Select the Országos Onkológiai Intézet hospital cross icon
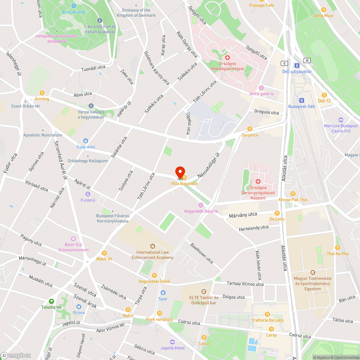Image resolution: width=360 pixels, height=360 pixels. point(227,58)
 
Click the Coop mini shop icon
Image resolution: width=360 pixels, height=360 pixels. point(86,141)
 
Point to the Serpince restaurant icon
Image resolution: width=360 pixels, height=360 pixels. point(249,129)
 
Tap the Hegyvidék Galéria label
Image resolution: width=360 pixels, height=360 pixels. point(201,211)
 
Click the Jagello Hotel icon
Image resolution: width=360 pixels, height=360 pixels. point(172,342)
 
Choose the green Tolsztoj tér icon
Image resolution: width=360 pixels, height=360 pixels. point(51,301)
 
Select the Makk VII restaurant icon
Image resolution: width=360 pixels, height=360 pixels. point(104,253)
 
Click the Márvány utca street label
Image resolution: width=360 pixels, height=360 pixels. point(243,215)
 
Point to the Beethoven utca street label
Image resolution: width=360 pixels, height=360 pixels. point(202,252)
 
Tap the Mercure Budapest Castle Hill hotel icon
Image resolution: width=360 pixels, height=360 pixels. point(341,120)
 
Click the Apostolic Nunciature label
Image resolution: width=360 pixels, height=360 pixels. point(42,135)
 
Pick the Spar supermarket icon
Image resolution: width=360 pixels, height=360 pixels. point(163,293)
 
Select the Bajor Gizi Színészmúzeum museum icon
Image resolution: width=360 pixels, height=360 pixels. point(74,239)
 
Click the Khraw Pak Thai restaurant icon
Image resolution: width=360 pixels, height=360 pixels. point(293,193)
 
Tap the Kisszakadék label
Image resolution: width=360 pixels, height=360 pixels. point(73,12)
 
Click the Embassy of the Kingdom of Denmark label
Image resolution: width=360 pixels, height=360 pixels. point(136,13)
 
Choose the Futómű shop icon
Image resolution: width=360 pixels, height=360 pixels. point(88,194)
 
